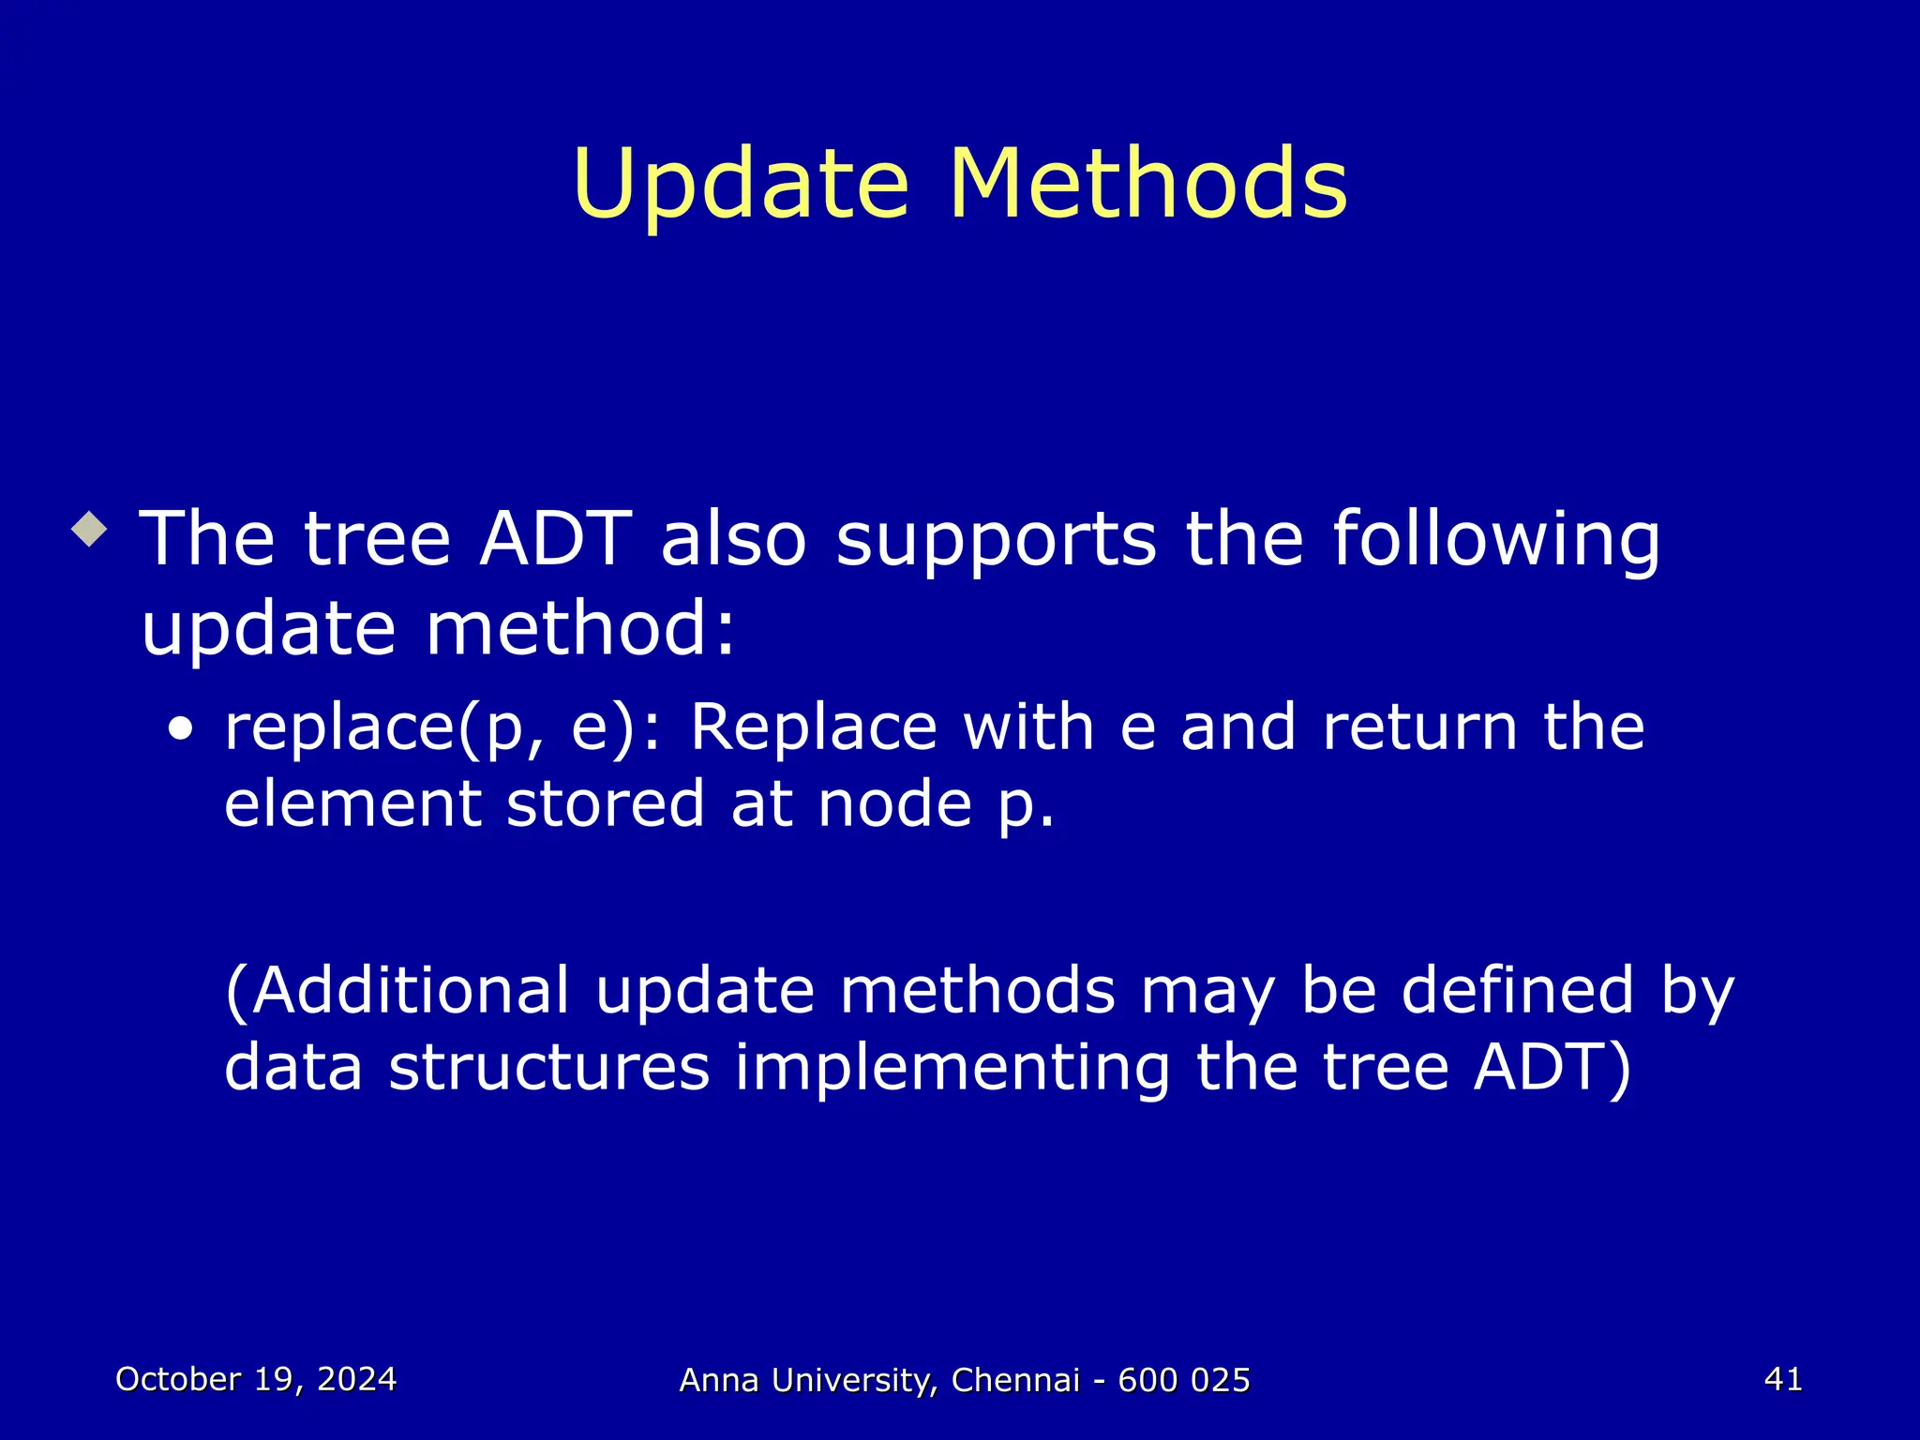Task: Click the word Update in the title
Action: (x=741, y=185)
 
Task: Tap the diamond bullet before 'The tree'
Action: (x=90, y=530)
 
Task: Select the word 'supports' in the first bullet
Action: (x=996, y=541)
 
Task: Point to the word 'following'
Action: (x=1495, y=541)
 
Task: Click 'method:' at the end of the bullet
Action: (x=580, y=629)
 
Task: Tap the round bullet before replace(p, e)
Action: (x=181, y=729)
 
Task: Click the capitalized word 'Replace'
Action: (x=813, y=728)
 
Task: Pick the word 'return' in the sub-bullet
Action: (x=1419, y=728)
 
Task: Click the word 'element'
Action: (x=352, y=804)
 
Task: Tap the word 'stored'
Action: (x=605, y=804)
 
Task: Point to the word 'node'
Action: (x=894, y=804)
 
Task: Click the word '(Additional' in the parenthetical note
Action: (x=397, y=991)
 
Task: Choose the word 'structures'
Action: (x=549, y=1068)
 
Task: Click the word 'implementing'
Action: (x=952, y=1070)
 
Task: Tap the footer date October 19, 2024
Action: (x=256, y=1379)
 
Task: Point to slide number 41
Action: (x=1782, y=1379)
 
